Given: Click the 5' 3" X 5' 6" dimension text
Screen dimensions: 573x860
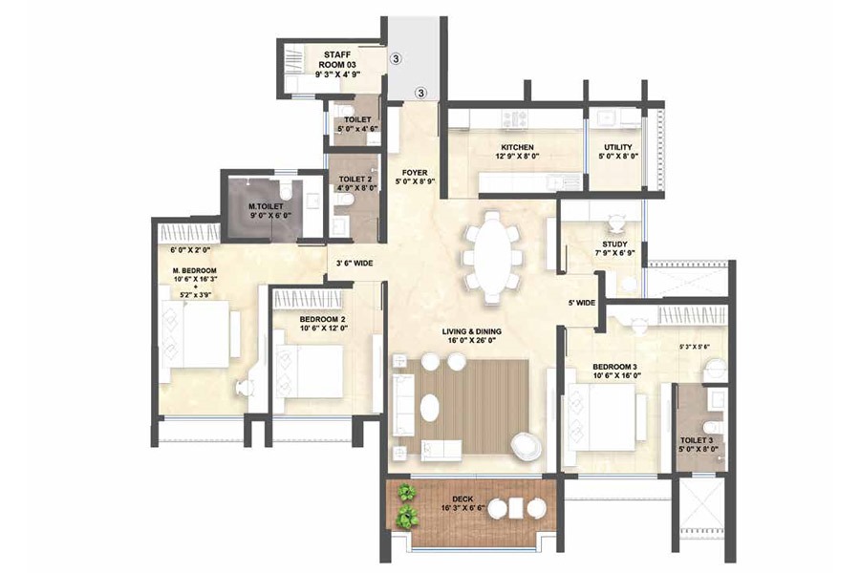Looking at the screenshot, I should pos(694,347).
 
